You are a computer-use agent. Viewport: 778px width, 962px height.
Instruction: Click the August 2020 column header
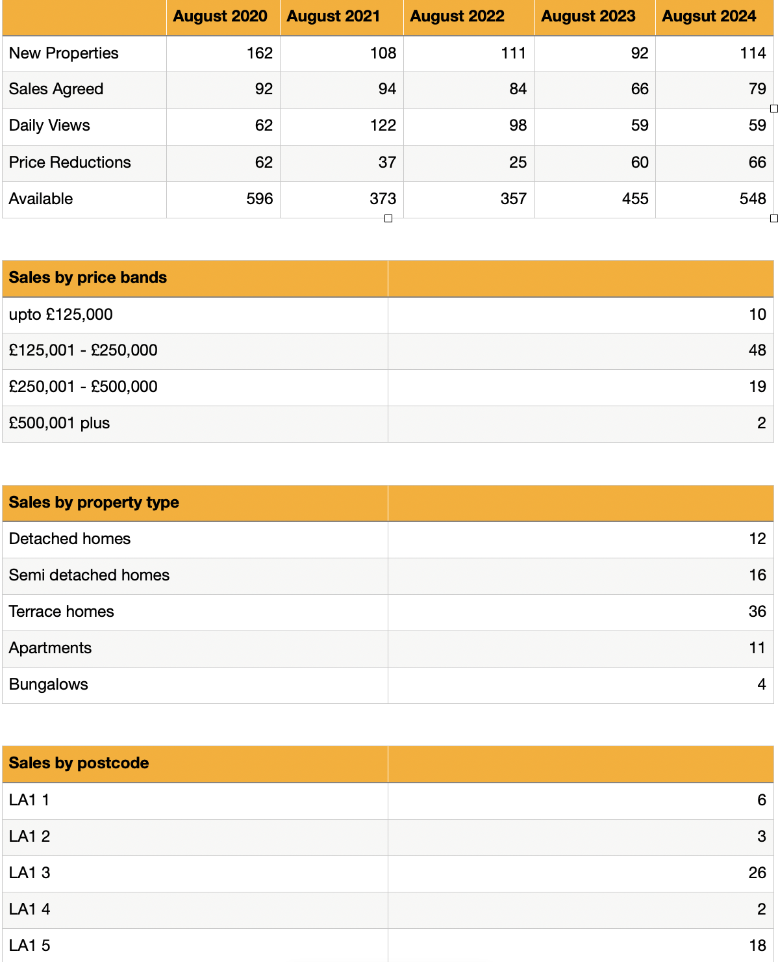pyautogui.click(x=220, y=16)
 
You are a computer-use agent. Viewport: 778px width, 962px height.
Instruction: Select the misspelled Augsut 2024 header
pyautogui.click(x=709, y=16)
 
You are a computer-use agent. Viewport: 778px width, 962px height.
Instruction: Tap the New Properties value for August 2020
pyautogui.click(x=260, y=53)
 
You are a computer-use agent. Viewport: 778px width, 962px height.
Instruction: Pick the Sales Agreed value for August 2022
pyautogui.click(x=518, y=89)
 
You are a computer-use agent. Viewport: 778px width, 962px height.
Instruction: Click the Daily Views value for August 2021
pyautogui.click(x=383, y=125)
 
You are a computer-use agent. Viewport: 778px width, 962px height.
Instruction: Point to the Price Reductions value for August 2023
pyautogui.click(x=639, y=162)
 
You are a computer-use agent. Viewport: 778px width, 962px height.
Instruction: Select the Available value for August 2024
pyautogui.click(x=753, y=199)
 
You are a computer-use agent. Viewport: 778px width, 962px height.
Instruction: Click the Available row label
pyautogui.click(x=41, y=199)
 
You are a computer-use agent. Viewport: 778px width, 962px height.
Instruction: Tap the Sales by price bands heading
pyautogui.click(x=88, y=278)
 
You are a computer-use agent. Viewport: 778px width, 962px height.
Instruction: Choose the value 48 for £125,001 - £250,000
pyautogui.click(x=757, y=350)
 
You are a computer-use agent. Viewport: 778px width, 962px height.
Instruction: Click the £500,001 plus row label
pyautogui.click(x=59, y=423)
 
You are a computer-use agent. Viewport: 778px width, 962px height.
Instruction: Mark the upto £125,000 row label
pyautogui.click(x=60, y=315)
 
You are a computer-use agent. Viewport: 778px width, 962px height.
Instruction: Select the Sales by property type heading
pyautogui.click(x=94, y=502)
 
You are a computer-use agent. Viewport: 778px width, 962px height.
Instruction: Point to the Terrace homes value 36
pyautogui.click(x=757, y=612)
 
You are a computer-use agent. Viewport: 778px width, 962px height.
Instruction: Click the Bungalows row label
pyautogui.click(x=48, y=684)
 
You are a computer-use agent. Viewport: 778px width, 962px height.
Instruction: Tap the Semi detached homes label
pyautogui.click(x=89, y=575)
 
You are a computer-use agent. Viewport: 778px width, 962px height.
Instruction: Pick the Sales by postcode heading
pyautogui.click(x=79, y=763)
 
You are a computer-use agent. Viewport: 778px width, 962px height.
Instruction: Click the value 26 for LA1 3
pyautogui.click(x=757, y=873)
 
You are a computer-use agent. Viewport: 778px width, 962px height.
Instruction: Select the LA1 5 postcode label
pyautogui.click(x=29, y=946)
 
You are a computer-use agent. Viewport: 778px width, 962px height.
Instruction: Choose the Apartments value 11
pyautogui.click(x=757, y=648)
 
